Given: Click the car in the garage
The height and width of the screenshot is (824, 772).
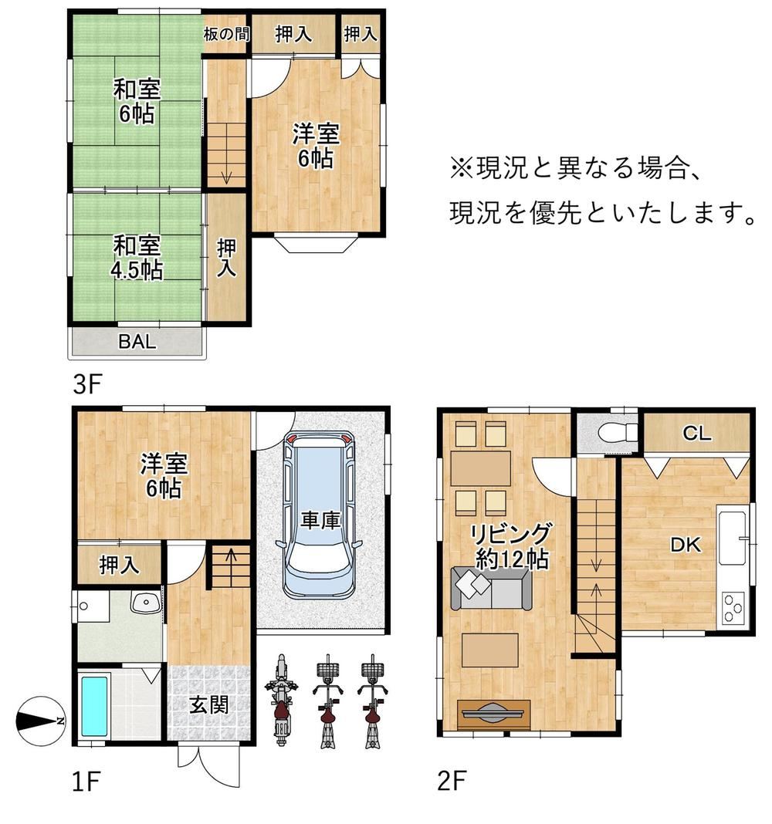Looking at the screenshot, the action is (321, 514).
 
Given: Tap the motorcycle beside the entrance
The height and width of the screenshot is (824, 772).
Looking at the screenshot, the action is (281, 700).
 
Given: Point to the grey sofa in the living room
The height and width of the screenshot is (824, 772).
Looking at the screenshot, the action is (491, 588).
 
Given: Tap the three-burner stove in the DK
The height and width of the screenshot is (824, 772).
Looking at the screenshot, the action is (733, 607).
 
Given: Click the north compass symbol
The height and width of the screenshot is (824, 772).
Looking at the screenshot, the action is (40, 721).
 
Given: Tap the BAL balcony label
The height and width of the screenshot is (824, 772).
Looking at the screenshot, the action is (137, 342).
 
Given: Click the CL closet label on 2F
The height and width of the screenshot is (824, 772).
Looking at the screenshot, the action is (696, 433).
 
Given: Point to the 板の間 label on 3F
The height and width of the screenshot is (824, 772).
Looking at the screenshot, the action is (226, 34).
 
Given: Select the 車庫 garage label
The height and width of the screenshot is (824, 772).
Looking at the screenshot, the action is (321, 521).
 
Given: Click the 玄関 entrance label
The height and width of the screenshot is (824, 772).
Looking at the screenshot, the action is (208, 704).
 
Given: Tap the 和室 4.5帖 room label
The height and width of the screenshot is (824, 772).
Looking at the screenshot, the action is (137, 258).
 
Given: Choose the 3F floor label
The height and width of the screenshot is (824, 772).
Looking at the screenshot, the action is (86, 385).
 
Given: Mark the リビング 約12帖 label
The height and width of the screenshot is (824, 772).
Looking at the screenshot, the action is (511, 546).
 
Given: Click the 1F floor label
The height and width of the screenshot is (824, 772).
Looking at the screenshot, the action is (86, 782).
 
